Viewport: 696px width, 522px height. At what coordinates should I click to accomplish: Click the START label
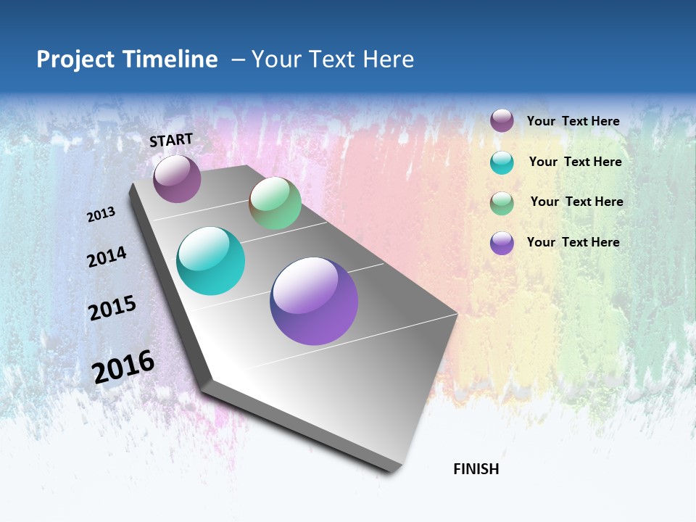[171, 140]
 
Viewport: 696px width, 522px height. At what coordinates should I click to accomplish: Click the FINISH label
[476, 469]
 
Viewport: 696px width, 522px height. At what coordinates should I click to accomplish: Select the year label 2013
[101, 215]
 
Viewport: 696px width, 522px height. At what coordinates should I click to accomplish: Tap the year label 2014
[107, 257]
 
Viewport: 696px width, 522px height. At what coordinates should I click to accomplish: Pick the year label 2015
[112, 308]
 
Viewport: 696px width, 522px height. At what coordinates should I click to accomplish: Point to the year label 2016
[123, 367]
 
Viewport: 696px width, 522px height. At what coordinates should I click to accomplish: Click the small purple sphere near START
[177, 178]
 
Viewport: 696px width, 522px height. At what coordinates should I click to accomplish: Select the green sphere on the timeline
[275, 203]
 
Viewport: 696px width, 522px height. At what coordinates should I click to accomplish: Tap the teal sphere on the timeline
[211, 261]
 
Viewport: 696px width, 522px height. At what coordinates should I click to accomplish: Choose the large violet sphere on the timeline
[314, 301]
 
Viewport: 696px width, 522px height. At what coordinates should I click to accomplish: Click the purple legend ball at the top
[502, 120]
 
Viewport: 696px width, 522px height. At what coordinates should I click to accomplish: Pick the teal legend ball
[502, 162]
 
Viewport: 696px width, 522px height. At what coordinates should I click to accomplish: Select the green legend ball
[502, 203]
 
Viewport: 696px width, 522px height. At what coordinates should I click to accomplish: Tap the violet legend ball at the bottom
[502, 243]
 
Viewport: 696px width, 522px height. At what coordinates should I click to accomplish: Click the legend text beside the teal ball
[575, 162]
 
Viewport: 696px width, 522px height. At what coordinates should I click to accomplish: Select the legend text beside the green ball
[576, 202]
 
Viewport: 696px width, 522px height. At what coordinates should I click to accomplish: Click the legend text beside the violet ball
[573, 242]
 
